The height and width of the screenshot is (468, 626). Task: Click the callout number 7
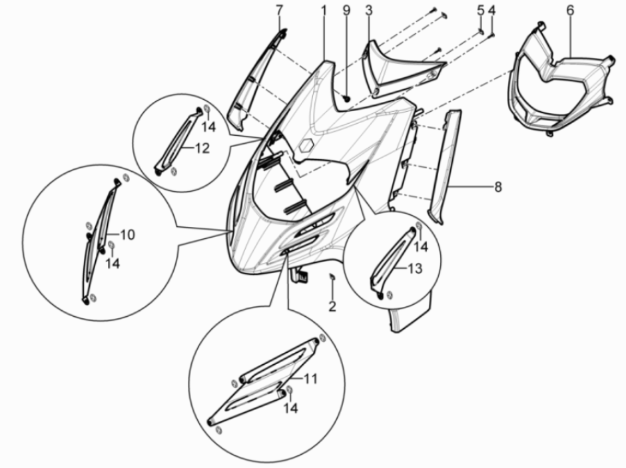pos(279,11)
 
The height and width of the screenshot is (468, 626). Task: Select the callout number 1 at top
pos(324,11)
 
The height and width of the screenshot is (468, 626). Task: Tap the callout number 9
pos(346,11)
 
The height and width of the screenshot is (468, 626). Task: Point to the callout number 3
pos(368,11)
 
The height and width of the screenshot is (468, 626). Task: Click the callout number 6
pos(570,11)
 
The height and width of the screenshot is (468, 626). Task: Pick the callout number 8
pos(498,186)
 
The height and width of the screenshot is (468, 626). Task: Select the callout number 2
pos(332,306)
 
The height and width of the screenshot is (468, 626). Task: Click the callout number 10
pos(127,234)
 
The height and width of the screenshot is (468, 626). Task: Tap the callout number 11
pos(311,378)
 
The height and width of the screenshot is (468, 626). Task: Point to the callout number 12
pos(202,148)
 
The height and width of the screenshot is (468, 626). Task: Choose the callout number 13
pos(415,268)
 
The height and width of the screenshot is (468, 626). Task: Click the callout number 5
pos(481,11)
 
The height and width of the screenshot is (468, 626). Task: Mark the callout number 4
pos(492,11)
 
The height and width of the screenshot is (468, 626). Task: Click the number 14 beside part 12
pos(208,127)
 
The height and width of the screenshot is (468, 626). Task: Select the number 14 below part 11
pos(290,408)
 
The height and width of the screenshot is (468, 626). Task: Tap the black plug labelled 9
pos(346,97)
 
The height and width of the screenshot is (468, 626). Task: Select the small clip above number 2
pos(332,276)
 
